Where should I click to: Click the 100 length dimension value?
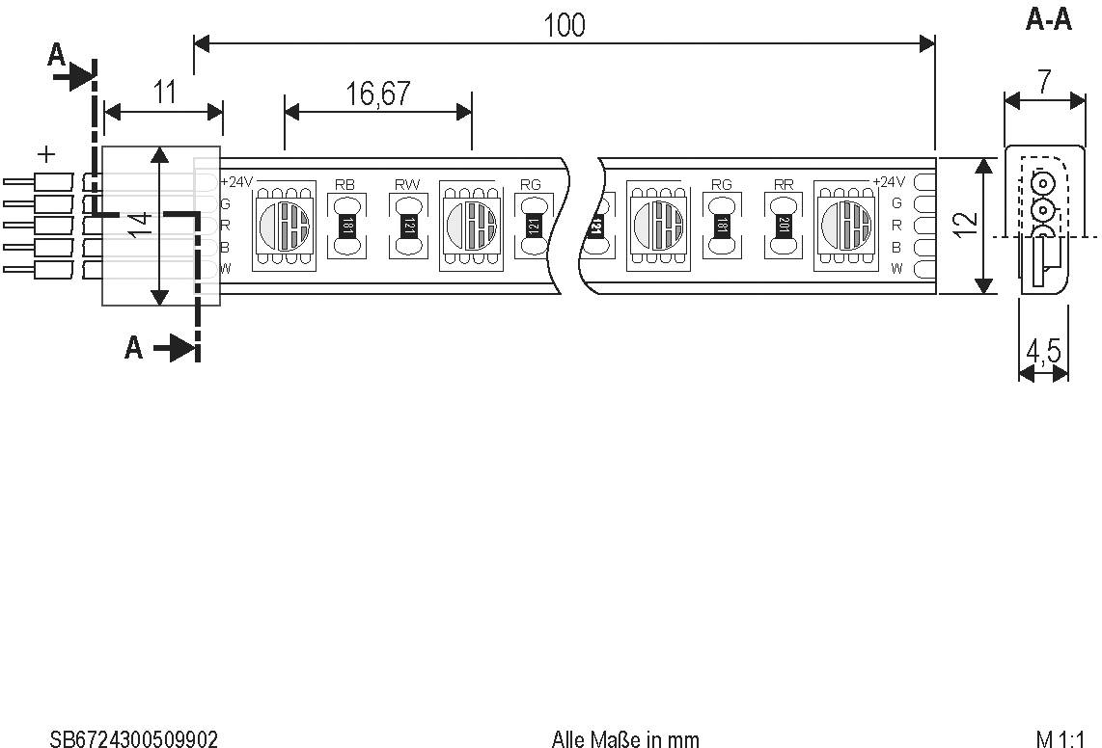[565, 25]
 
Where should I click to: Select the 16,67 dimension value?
[378, 93]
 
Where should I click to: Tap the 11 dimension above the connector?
[165, 93]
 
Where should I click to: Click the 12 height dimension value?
[966, 224]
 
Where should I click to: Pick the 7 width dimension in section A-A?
[1044, 82]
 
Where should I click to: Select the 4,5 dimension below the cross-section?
[1043, 352]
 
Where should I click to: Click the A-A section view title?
[1048, 20]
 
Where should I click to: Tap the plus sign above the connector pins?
[45, 153]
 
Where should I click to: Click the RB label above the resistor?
[344, 183]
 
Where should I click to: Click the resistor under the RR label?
[784, 226]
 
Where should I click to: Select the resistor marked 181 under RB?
[344, 226]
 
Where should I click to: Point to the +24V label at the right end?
[889, 182]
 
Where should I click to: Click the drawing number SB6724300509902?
[134, 739]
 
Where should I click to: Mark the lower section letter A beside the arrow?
[134, 347]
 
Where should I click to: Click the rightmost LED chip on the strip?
[845, 226]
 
